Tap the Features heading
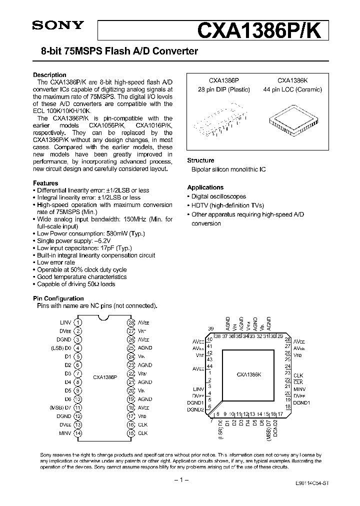point(45,183)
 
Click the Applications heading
point(205,188)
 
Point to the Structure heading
point(200,160)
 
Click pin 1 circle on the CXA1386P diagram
point(78,323)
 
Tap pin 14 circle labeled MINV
point(78,433)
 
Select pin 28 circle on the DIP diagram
point(131,323)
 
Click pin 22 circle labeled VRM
point(131,374)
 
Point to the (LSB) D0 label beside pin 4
point(61,348)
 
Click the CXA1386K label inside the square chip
point(249,373)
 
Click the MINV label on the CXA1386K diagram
point(299,388)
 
